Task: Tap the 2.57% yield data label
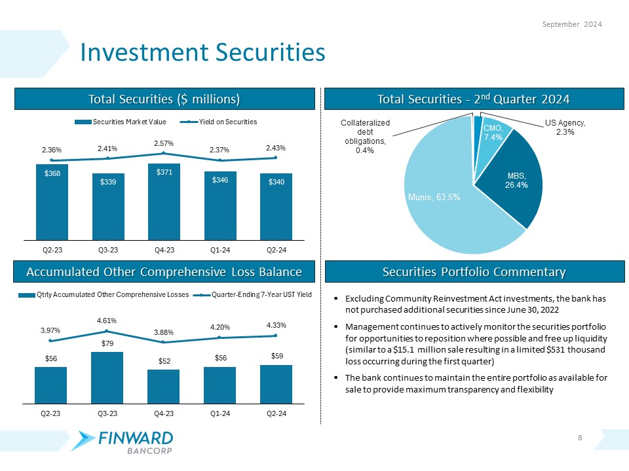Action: tap(164, 143)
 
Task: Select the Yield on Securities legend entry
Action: tap(223, 122)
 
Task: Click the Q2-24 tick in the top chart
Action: tap(276, 250)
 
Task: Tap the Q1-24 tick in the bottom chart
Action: tap(219, 413)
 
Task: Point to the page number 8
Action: tap(581, 438)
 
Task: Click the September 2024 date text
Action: tap(573, 24)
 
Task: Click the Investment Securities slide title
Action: tap(202, 53)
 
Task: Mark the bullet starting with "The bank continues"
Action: tap(476, 384)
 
